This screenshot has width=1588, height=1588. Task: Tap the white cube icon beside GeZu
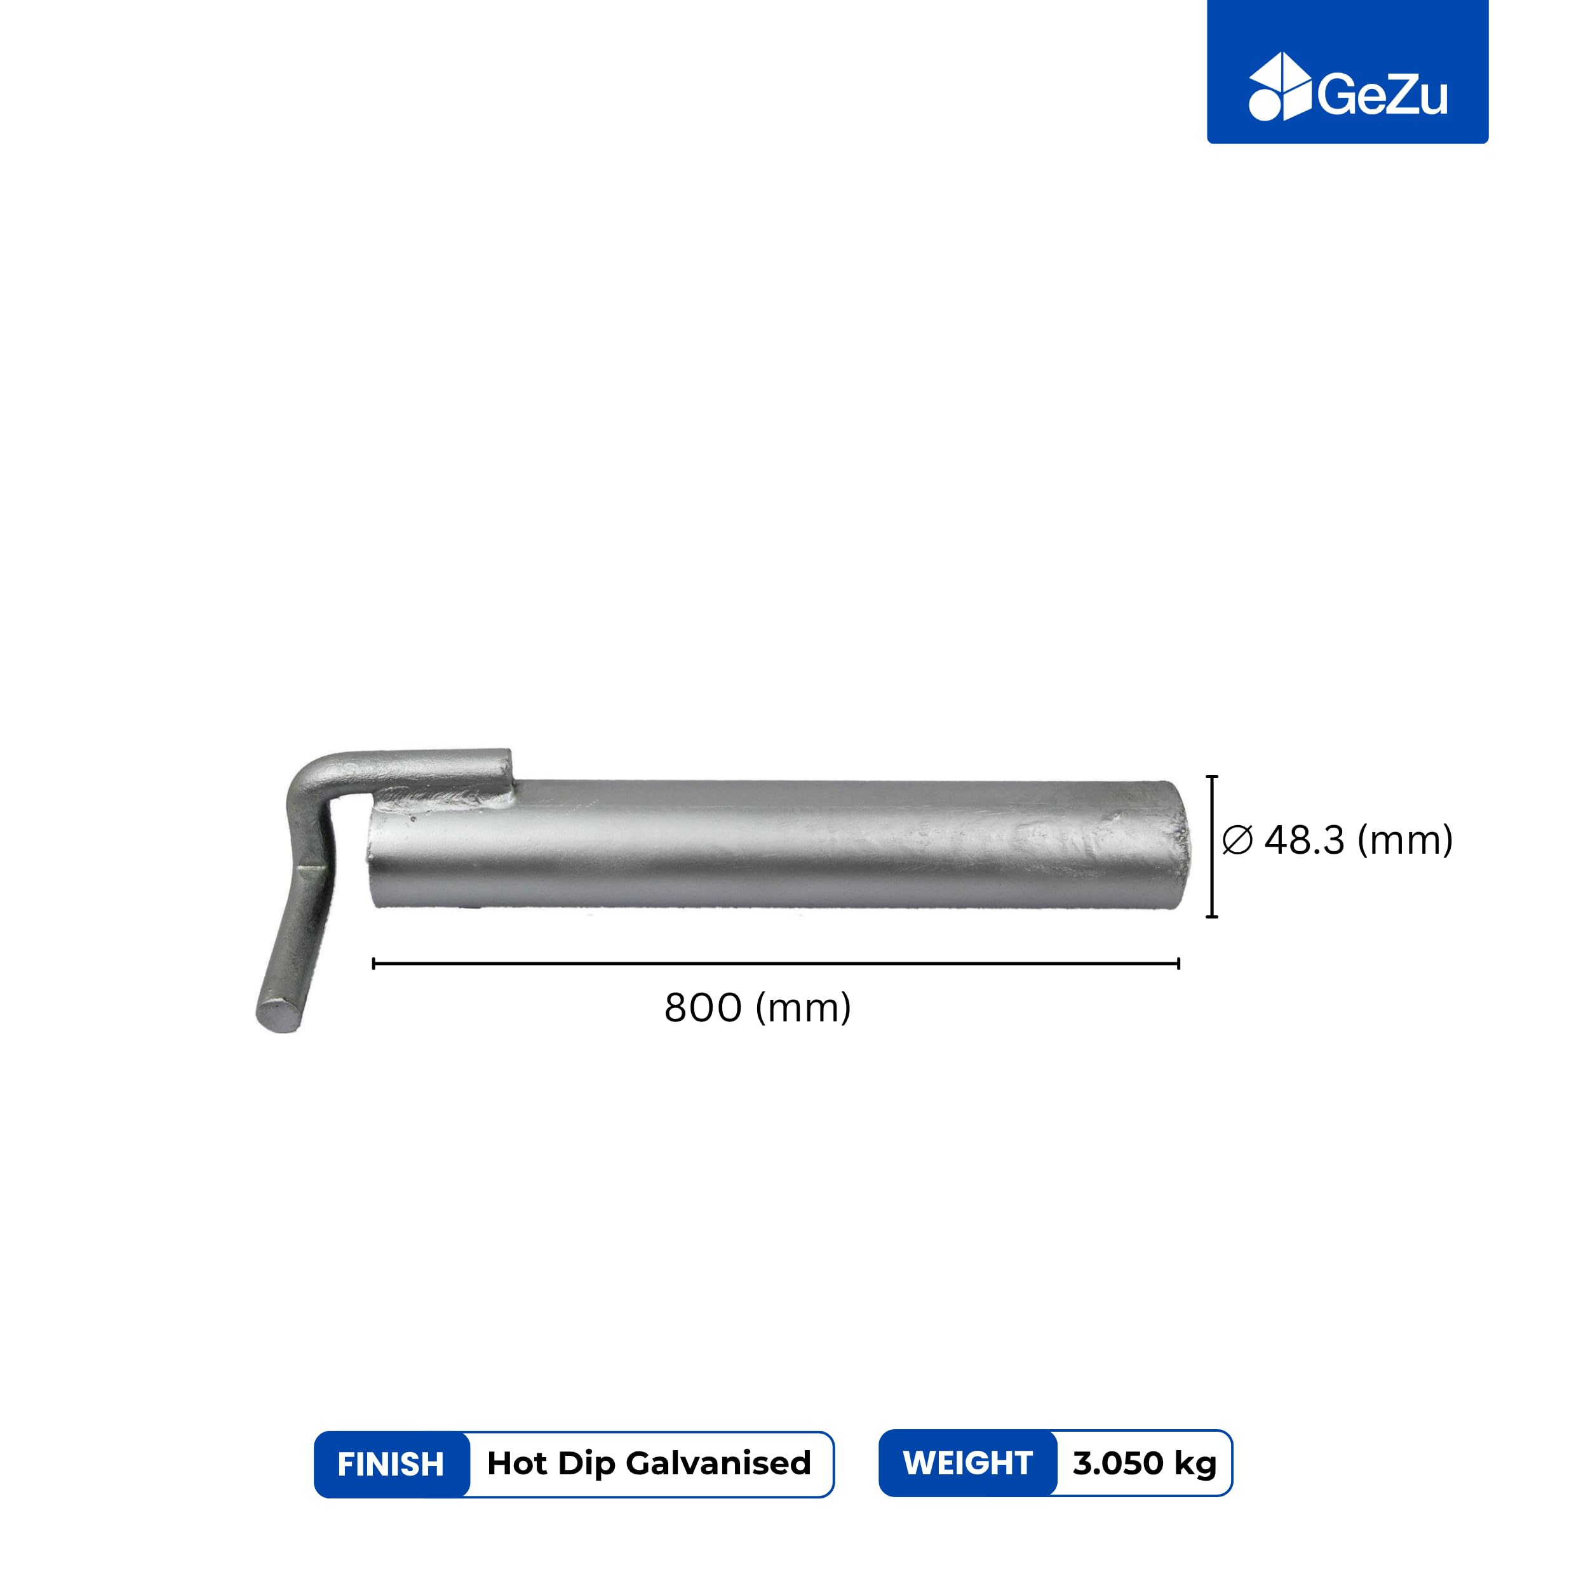pos(1279,86)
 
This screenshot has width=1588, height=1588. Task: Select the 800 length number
pos(703,1009)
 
